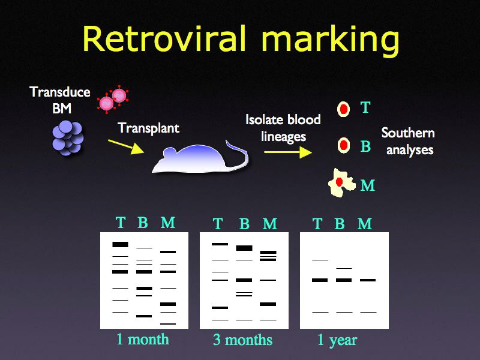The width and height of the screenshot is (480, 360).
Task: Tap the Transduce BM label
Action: click(x=60, y=100)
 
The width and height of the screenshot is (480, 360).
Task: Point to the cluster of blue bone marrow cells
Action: click(x=68, y=136)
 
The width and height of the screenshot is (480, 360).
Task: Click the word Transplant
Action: click(x=148, y=128)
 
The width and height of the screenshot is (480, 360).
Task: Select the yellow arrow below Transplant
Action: click(x=125, y=146)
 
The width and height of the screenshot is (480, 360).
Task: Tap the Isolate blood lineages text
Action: click(x=283, y=128)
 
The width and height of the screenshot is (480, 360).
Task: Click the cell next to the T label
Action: click(x=343, y=109)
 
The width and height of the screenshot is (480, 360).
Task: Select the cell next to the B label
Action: click(x=343, y=145)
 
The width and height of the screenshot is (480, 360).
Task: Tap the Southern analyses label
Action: click(x=408, y=141)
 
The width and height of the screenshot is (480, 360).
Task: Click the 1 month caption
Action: click(x=142, y=339)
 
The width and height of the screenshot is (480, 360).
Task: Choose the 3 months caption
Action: click(x=242, y=340)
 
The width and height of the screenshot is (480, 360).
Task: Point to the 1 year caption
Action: click(x=337, y=340)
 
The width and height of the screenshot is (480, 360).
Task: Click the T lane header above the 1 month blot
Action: click(x=121, y=223)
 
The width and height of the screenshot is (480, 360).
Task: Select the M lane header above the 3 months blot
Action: click(x=270, y=224)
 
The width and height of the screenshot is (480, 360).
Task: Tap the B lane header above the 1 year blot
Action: click(x=340, y=224)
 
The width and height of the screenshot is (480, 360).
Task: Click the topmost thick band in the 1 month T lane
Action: click(x=121, y=244)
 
